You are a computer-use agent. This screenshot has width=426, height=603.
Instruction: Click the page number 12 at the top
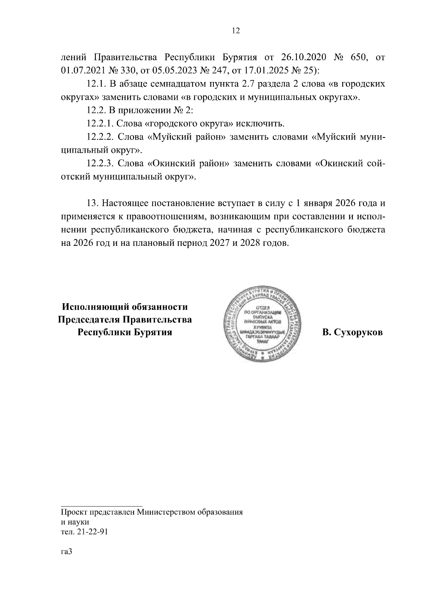(x=236, y=31)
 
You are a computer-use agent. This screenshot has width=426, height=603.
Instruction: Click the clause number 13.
(x=92, y=203)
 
